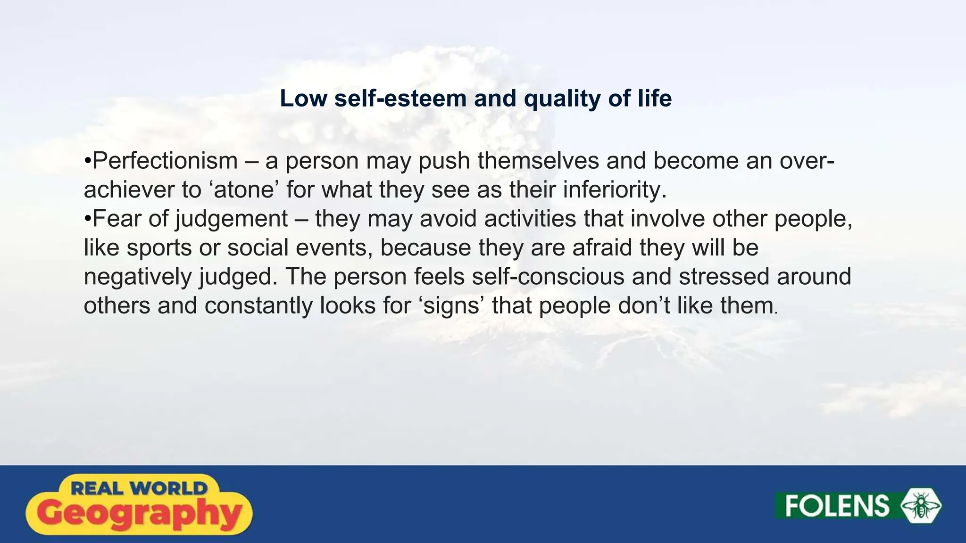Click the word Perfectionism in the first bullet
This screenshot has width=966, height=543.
pos(165,161)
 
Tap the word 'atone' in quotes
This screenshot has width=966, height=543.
pos(244,190)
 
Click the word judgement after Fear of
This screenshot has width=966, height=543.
pos(231,219)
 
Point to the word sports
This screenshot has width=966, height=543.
pos(159,248)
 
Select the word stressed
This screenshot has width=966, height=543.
pos(724,277)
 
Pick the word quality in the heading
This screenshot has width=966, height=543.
pos(561,99)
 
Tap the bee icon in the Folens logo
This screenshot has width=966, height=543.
pos(921,506)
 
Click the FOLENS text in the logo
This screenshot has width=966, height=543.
pos(837,506)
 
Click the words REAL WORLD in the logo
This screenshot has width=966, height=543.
pos(139,488)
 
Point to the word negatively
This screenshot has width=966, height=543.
pos(138,277)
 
